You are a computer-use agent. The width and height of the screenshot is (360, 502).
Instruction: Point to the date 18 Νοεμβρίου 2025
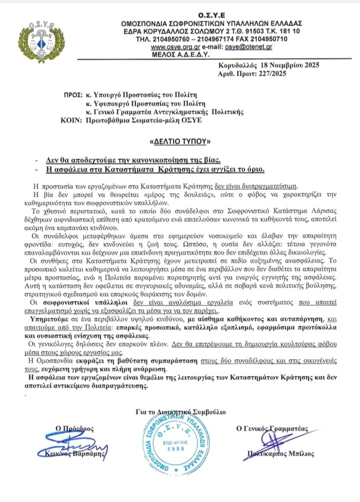[x=284, y=65]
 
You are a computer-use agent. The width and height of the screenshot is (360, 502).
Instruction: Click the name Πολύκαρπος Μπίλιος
[x=281, y=454]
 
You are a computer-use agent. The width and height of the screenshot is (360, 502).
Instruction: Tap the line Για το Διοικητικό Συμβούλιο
[x=180, y=412]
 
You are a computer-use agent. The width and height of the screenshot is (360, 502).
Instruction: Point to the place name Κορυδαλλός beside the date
[x=238, y=65]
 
